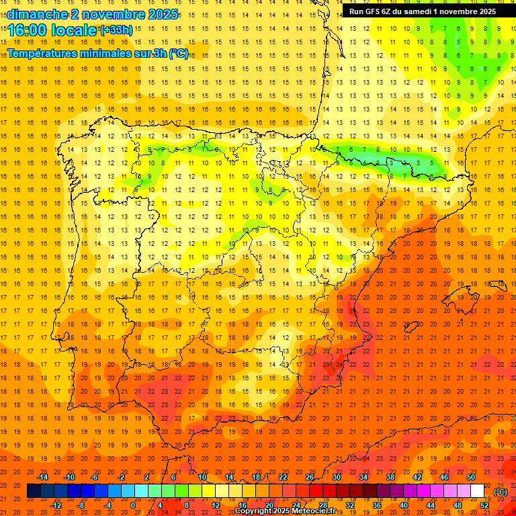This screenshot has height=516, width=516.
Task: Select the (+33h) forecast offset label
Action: pos(116,30)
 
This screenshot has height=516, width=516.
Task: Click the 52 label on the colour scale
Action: pos(484,505)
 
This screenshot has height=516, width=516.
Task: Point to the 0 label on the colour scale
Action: pos(133,505)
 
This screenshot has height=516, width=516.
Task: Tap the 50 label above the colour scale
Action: pos(470,477)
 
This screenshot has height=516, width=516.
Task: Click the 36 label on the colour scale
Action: pos(376,505)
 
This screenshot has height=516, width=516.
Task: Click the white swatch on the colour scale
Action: pos(477,491)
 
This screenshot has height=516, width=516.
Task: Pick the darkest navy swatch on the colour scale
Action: pos(34,491)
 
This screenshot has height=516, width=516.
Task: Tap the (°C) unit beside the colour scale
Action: pos(501,492)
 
